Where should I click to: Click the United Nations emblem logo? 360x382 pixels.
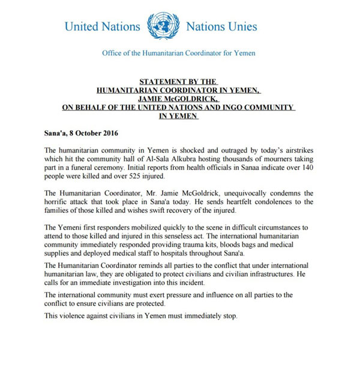point(163,25)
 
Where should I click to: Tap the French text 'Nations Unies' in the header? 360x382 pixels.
point(222,26)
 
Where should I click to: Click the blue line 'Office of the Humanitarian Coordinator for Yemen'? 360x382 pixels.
point(178,53)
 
